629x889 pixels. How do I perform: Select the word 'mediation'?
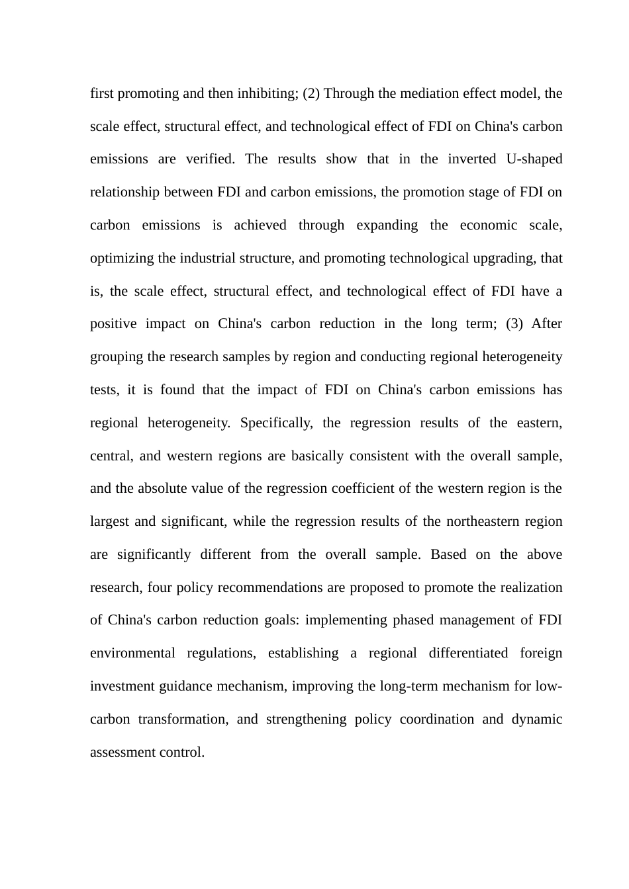(422, 93)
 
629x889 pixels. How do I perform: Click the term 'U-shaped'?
(533, 159)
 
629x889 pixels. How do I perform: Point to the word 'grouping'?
(117, 357)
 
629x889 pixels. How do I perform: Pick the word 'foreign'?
(540, 654)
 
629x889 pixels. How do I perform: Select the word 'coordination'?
(436, 720)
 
